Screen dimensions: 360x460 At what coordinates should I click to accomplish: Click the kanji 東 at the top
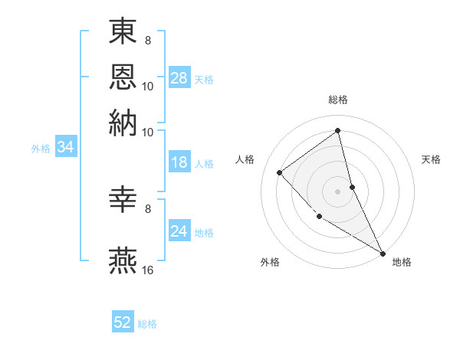[x=123, y=32]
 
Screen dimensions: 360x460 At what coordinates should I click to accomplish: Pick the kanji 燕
[x=123, y=260]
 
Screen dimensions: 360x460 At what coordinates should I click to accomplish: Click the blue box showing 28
[x=179, y=77]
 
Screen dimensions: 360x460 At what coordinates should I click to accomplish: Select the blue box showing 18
[x=179, y=162]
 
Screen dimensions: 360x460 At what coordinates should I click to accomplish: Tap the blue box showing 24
[x=179, y=231]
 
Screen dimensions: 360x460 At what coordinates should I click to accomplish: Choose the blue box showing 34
[x=65, y=147]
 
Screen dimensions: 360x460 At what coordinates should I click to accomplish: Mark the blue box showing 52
[x=123, y=322]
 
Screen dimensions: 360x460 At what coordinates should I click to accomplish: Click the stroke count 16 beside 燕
[x=148, y=270]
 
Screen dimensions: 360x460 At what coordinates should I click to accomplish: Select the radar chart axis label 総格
[x=338, y=100]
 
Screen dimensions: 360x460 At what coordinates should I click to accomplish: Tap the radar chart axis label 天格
[x=431, y=159]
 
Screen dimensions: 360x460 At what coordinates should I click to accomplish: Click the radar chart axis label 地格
[x=402, y=262]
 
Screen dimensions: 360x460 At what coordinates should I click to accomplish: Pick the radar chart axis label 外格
[x=270, y=262]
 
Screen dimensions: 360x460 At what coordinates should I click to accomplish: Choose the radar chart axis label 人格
[x=245, y=159]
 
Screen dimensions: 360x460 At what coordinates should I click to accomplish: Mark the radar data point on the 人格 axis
[x=280, y=172]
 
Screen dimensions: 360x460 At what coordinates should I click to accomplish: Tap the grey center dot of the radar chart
[x=337, y=191]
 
